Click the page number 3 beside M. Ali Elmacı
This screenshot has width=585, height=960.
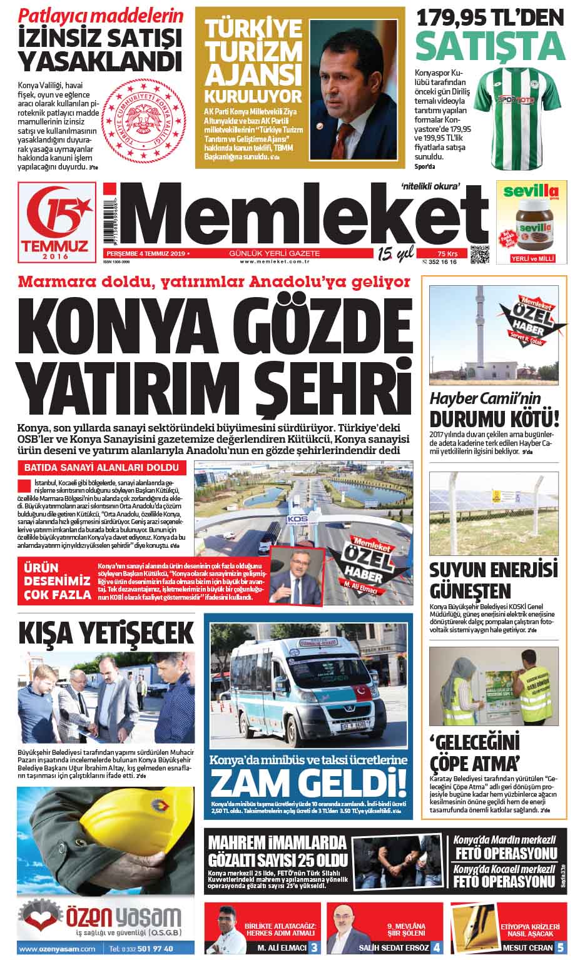pyautogui.click(x=314, y=947)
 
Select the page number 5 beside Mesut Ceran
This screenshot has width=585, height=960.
pyautogui.click(x=561, y=947)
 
